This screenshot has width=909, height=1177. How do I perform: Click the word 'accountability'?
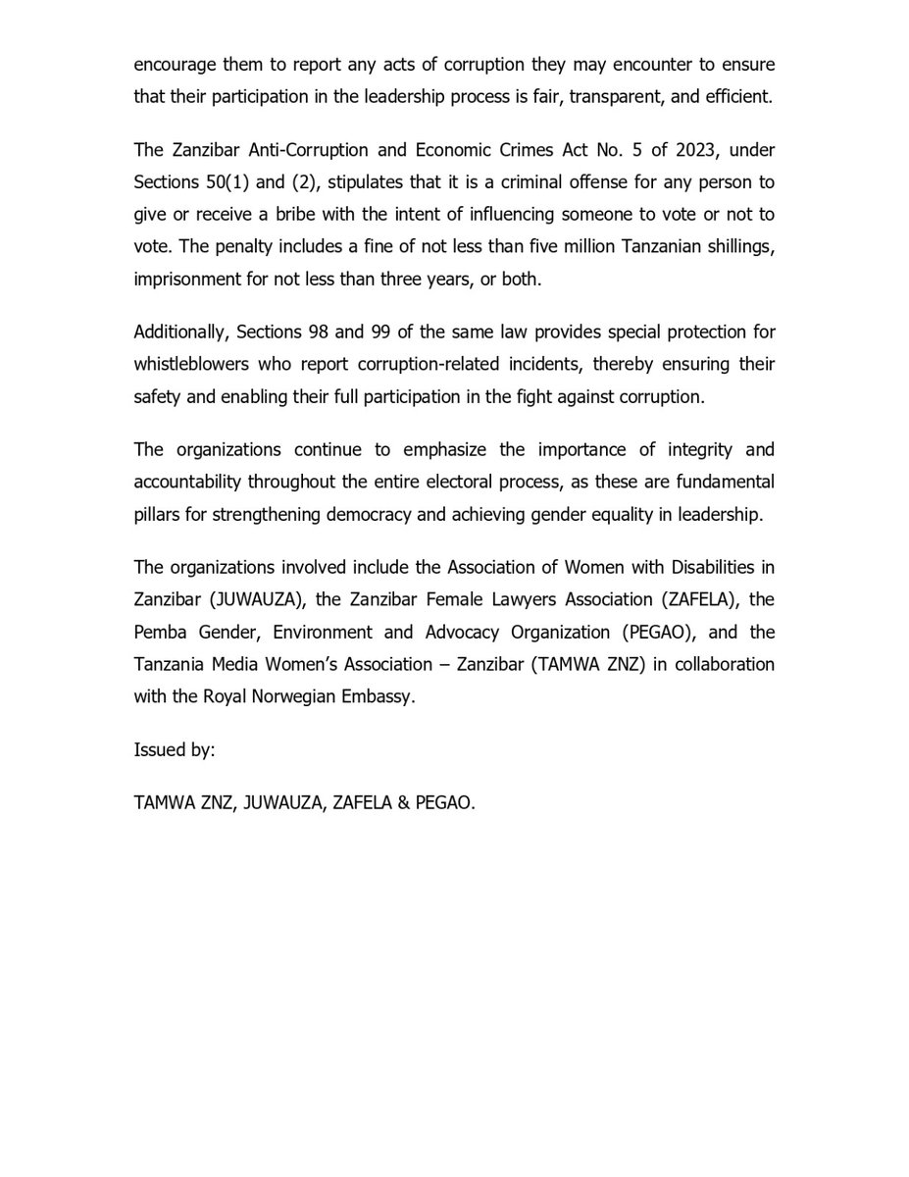(x=188, y=483)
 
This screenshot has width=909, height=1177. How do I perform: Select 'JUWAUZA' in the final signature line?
(x=271, y=802)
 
